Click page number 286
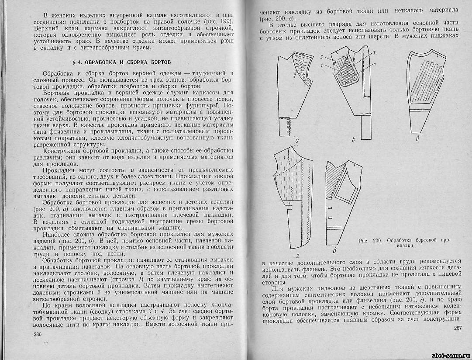click(37, 334)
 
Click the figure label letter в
click(417, 140)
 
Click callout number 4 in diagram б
click(375, 66)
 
